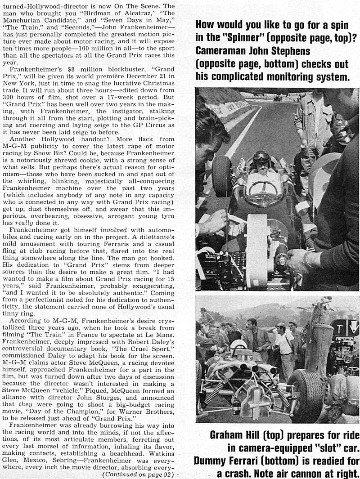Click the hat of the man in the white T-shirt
281,324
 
